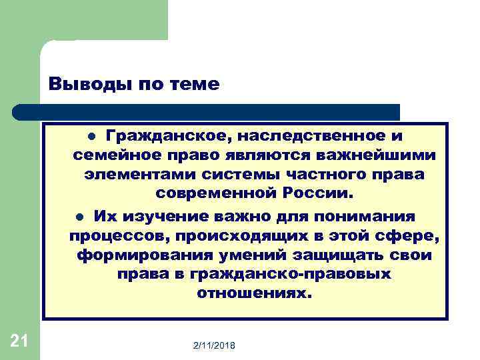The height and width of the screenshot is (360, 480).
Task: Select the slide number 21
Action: pos(19,342)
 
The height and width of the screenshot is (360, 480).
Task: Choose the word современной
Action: pos(215,194)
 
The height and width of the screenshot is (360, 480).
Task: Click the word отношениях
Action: pos(254,294)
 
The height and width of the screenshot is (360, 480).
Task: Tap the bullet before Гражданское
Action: pos(93,137)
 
